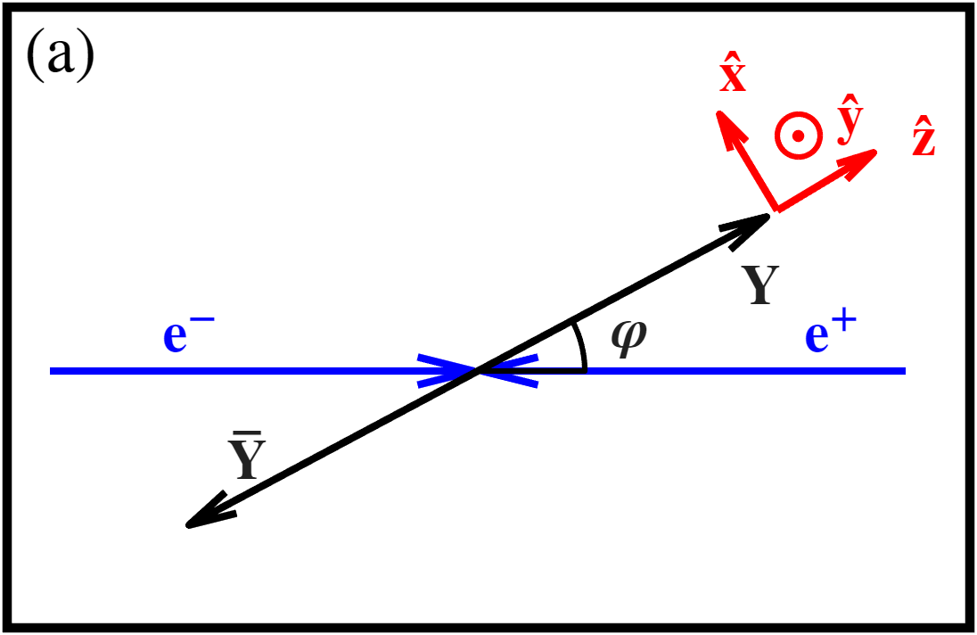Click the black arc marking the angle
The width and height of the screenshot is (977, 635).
(581, 348)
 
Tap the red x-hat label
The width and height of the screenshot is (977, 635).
(733, 78)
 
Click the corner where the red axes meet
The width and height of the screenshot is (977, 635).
(776, 210)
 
